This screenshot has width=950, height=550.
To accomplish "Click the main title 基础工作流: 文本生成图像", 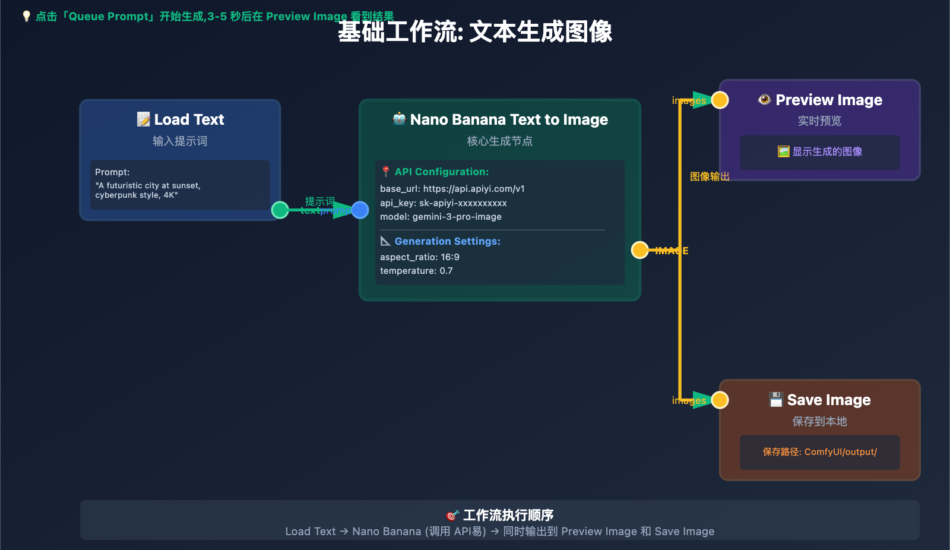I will click(475, 32).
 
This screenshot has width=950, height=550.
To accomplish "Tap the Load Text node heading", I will click(180, 120).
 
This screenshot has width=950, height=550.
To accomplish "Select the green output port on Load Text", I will click(280, 210).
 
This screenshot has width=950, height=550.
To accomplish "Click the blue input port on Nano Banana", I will click(360, 210).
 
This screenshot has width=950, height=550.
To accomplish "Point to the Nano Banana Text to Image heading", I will click(500, 120).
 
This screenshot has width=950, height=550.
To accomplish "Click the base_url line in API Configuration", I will click(452, 189).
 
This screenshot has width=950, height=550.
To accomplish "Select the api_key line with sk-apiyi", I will click(444, 203).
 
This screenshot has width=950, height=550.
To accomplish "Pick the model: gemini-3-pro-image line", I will click(441, 217).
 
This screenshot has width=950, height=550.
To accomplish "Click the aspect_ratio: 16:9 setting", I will click(420, 257).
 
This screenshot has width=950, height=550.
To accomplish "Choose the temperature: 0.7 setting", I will click(416, 271).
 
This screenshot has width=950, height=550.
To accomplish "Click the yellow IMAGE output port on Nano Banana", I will click(639, 250).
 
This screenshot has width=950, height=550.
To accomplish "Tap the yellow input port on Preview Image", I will click(720, 100).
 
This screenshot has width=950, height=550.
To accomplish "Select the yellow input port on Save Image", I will click(720, 400).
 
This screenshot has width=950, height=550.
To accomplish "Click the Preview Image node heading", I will click(820, 100).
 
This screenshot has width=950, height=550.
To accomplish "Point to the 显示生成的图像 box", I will click(820, 152).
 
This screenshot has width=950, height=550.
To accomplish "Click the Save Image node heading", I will click(820, 400).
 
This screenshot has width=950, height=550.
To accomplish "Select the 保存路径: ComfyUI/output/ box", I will click(820, 452).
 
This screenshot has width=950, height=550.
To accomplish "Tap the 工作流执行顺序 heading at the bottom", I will click(500, 515).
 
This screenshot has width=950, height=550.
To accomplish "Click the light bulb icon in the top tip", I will click(26, 16).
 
